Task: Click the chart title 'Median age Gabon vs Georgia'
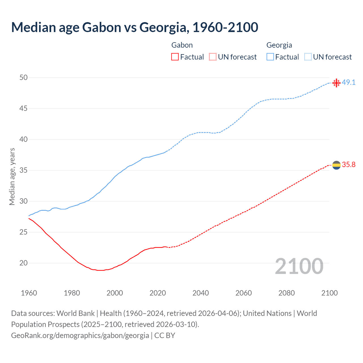[x=134, y=27]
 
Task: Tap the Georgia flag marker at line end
[x=336, y=83]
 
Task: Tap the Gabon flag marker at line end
[x=336, y=165]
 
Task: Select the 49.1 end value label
[x=349, y=83]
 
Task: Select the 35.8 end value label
[x=349, y=165]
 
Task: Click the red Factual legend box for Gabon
[x=175, y=57]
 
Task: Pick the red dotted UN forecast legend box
[x=213, y=57]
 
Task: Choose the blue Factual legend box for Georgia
[x=270, y=57]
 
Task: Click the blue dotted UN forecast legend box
[x=308, y=57]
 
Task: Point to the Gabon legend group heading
[x=182, y=45]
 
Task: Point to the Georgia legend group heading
[x=279, y=45]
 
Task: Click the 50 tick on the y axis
[x=23, y=77]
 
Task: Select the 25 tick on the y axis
[x=23, y=232]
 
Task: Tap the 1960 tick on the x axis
[x=29, y=293]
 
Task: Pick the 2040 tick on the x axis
[x=201, y=293]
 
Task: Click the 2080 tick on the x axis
[x=286, y=293]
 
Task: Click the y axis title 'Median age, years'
[x=12, y=176]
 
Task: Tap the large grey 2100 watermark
[x=299, y=266]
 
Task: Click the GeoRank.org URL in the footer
[x=80, y=335]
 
